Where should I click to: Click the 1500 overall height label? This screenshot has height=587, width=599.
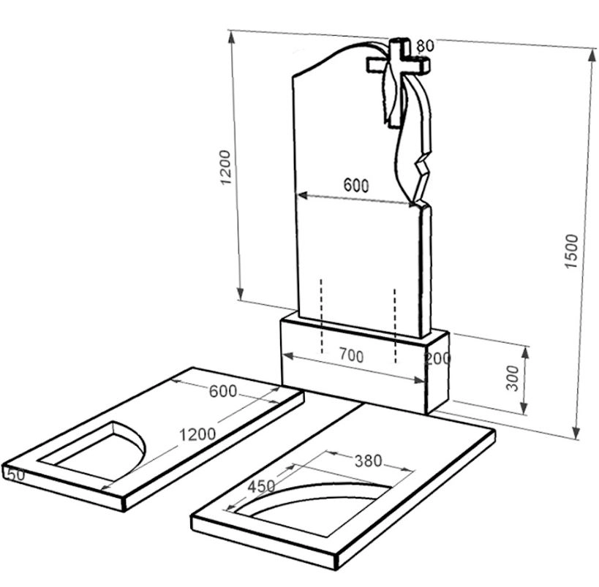pyautogui.click(x=572, y=251)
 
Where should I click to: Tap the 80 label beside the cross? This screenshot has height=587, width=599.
pyautogui.click(x=425, y=46)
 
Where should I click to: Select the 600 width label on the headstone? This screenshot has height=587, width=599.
pyautogui.click(x=356, y=185)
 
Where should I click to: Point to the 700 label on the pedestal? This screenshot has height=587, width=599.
pyautogui.click(x=352, y=356)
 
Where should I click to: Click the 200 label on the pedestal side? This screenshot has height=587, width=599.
pyautogui.click(x=438, y=359)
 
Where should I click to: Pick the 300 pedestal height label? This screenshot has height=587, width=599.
pyautogui.click(x=512, y=378)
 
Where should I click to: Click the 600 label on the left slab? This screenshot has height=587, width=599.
pyautogui.click(x=223, y=391)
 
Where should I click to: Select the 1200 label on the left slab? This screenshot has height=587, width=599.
pyautogui.click(x=197, y=434)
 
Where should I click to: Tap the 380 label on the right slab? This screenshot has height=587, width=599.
pyautogui.click(x=369, y=461)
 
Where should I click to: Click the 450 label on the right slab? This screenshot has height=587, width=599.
pyautogui.click(x=261, y=487)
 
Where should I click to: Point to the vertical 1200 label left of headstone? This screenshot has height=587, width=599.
pyautogui.click(x=226, y=167)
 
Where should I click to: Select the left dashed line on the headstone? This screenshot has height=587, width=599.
pyautogui.click(x=322, y=317)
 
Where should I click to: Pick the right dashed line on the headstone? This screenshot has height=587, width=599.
pyautogui.click(x=395, y=326)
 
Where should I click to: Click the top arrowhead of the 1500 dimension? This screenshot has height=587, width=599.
pyautogui.click(x=592, y=55)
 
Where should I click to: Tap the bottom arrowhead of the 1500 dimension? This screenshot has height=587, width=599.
pyautogui.click(x=577, y=433)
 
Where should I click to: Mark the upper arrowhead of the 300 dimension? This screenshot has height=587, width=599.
pyautogui.click(x=525, y=354)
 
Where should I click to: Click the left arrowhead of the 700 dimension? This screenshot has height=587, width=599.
pyautogui.click(x=288, y=355)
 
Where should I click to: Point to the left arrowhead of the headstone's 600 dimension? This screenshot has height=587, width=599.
pyautogui.click(x=303, y=195)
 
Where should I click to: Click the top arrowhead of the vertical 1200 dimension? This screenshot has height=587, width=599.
pyautogui.click(x=231, y=37)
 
